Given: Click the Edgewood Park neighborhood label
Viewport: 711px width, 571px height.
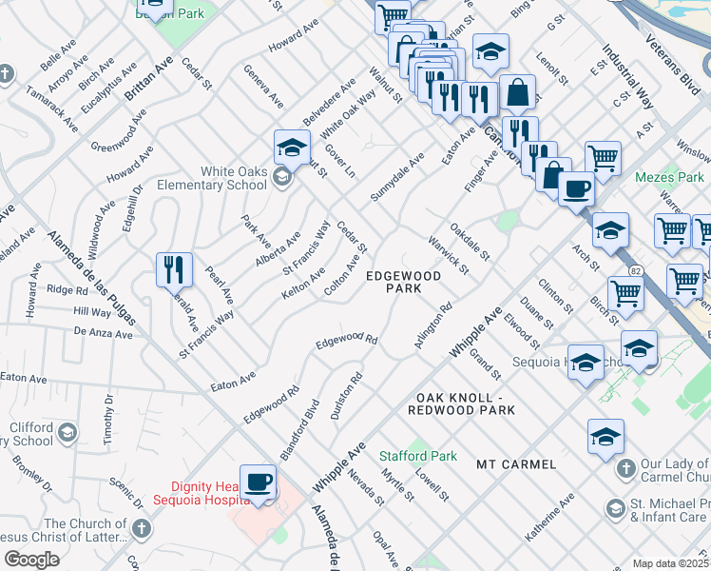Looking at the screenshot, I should tap(404, 282).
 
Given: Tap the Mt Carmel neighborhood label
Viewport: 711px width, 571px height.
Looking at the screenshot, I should tap(516, 464).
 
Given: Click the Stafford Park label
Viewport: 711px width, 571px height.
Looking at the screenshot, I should tap(417, 457).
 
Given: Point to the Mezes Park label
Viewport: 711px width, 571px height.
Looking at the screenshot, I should tap(671, 178).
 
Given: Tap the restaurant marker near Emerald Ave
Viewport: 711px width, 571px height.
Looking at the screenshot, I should tap(174, 270).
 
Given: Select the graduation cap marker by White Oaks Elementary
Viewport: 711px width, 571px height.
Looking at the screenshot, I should tap(292, 148).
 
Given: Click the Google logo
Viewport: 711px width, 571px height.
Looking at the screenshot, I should tap(31, 560).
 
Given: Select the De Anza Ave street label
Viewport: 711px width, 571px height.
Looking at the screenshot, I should tap(103, 334).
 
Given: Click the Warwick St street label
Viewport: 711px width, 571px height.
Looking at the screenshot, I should tap(448, 255).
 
